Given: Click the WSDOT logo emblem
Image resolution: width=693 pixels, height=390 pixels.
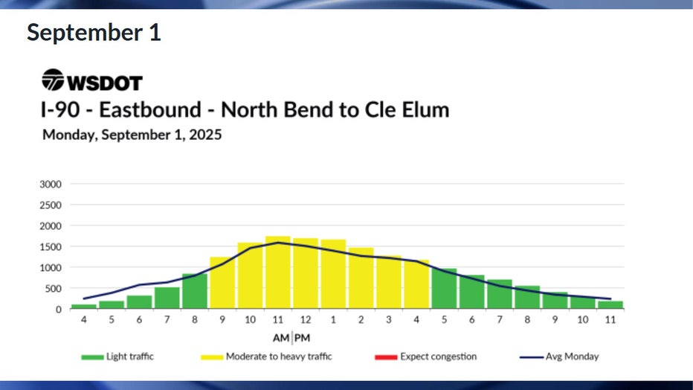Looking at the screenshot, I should [x=54, y=80].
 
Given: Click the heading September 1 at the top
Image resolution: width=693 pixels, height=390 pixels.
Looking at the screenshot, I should [x=94, y=33].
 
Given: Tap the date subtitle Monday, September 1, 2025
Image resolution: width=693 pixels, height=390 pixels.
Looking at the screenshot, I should [x=132, y=135].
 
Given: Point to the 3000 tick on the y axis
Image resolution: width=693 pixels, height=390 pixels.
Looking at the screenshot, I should [x=51, y=184].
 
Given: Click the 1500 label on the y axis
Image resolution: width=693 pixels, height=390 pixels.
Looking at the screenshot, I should [x=51, y=246].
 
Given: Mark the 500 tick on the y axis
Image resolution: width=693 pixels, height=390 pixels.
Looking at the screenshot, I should [x=53, y=289].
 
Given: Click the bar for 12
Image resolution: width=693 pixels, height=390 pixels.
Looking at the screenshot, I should [x=305, y=274].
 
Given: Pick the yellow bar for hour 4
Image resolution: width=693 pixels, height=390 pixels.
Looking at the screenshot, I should [x=416, y=284].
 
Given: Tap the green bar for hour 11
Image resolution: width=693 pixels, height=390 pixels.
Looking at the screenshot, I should [x=610, y=305].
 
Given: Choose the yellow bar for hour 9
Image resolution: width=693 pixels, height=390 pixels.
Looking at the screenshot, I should [x=222, y=283].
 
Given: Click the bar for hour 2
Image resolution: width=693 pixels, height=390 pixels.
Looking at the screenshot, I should [x=361, y=278].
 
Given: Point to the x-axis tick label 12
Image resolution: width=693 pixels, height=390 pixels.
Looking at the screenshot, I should [x=305, y=321].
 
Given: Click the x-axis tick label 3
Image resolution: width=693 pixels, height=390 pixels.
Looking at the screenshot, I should [x=388, y=321].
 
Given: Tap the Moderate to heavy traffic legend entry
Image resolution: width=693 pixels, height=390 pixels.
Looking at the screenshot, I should [x=267, y=357].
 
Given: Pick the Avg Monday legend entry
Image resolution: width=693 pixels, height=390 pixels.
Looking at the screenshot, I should [x=562, y=357].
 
